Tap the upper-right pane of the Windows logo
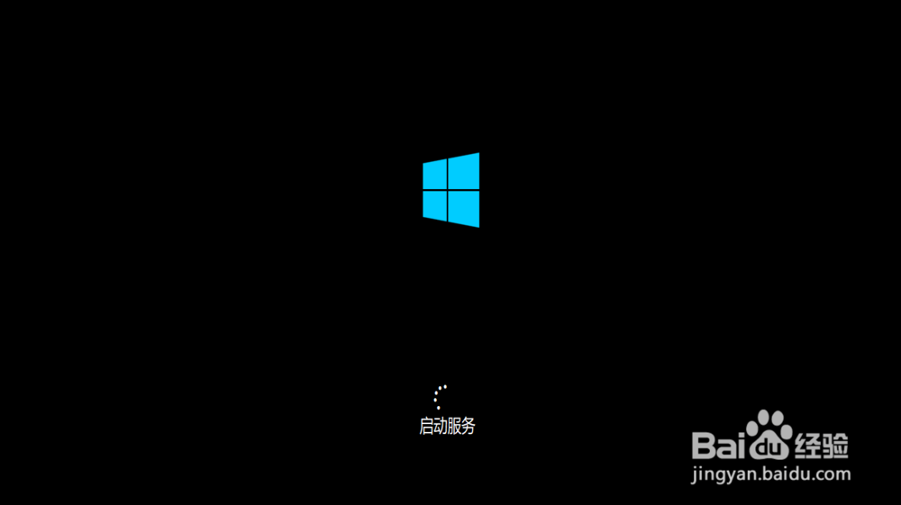tap(463, 170)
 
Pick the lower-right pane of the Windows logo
tap(463, 208)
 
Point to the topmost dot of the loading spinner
tap(445, 386)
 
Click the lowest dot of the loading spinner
tap(439, 408)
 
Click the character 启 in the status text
tap(426, 427)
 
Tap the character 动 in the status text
tap(440, 427)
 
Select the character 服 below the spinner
tap(454, 427)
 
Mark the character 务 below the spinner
tap(468, 427)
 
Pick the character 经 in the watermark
tap(806, 444)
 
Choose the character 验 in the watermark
tap(835, 444)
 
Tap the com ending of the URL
tap(835, 473)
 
